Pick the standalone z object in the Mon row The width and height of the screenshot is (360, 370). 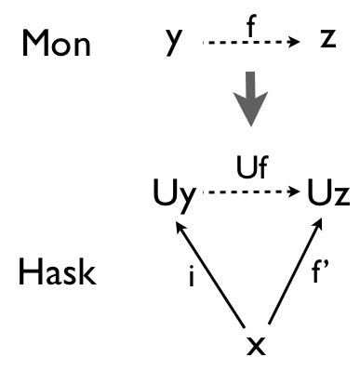tap(327, 41)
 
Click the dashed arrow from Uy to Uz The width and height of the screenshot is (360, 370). tap(247, 195)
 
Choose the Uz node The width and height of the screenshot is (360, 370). tap(326, 195)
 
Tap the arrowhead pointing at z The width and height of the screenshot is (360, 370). tap(294, 42)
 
